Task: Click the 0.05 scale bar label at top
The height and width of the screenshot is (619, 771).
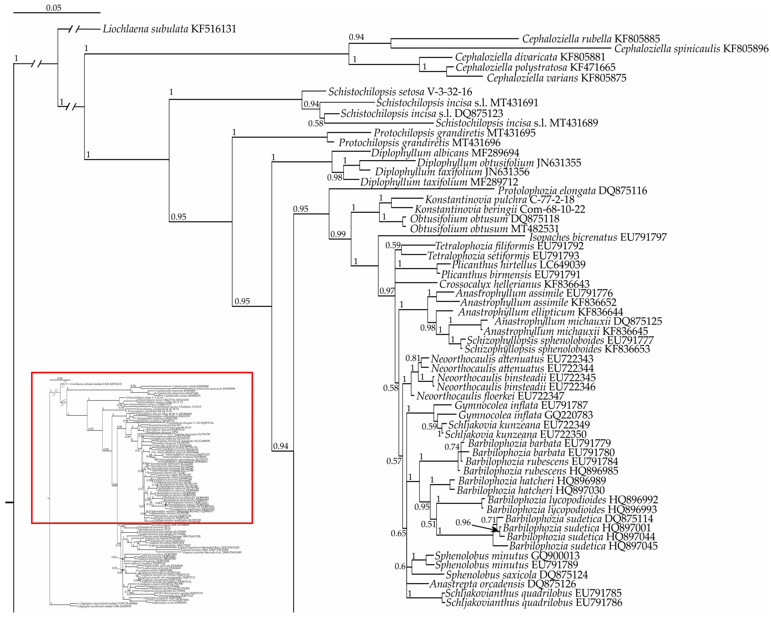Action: (54, 8)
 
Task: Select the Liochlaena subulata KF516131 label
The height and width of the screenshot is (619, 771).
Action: (169, 29)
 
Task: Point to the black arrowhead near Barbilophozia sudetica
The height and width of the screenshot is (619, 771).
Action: (495, 530)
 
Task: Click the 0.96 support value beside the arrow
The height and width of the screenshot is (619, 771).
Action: (463, 522)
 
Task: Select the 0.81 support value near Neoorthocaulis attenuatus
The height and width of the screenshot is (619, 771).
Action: (413, 358)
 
